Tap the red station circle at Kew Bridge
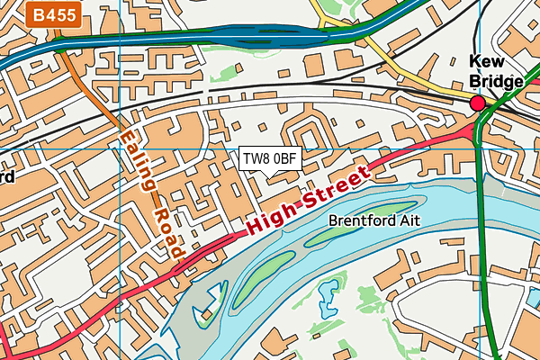coord(477,103)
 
